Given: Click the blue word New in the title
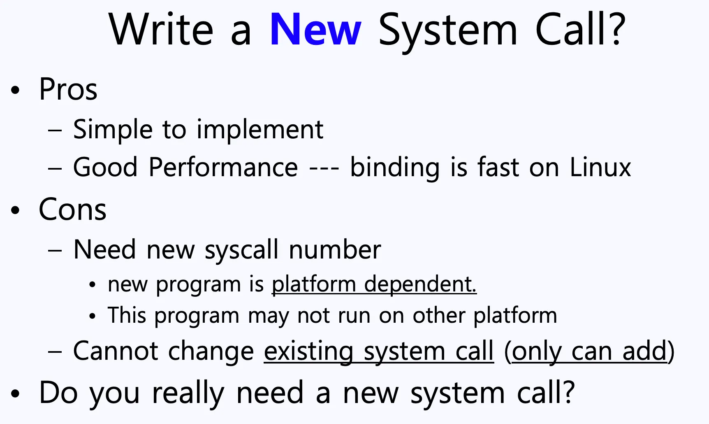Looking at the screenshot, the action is click(x=315, y=30).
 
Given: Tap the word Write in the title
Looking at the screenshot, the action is click(x=161, y=30).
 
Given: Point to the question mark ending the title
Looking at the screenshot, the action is click(x=616, y=29).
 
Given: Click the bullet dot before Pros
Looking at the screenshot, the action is click(x=15, y=90).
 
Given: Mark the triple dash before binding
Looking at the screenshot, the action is click(x=324, y=168).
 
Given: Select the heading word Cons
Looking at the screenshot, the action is click(x=73, y=210).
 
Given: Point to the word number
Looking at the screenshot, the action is click(x=335, y=250).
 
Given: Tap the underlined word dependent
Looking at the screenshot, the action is click(x=420, y=284).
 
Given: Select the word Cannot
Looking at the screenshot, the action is click(x=116, y=351).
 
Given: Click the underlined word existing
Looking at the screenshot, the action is click(x=309, y=352).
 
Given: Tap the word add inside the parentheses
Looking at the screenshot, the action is click(x=644, y=351).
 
